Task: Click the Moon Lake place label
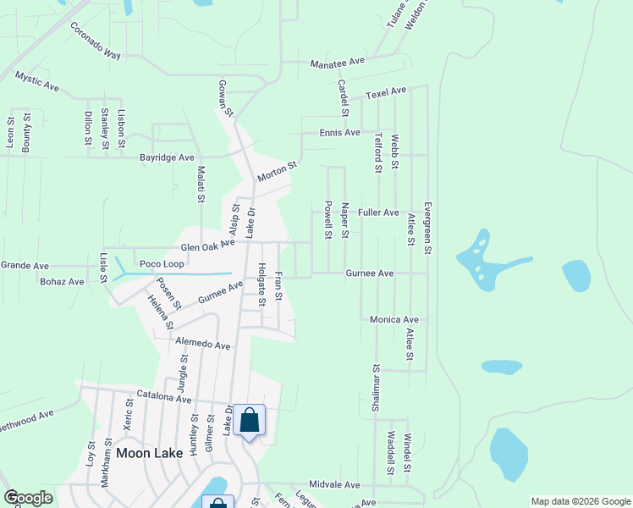[149, 453]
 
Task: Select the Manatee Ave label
[337, 63]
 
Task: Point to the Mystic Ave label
[37, 82]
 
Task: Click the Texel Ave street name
[386, 91]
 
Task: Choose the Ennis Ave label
[339, 133]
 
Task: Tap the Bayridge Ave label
[167, 157]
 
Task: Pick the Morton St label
[278, 173]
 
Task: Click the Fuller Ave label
[378, 213]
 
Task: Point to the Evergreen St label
[428, 229]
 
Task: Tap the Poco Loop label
[162, 263]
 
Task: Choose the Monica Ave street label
[394, 320]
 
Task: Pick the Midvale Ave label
[334, 485]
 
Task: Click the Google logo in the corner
[28, 498]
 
